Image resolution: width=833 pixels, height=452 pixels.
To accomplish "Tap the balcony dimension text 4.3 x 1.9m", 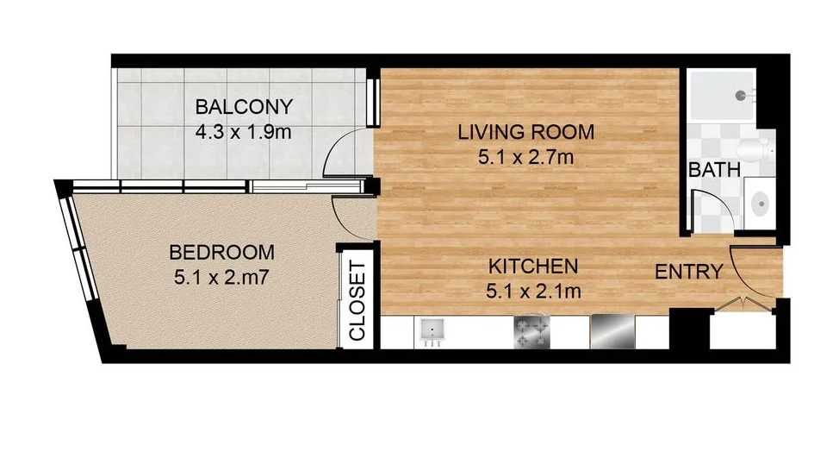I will tap(244, 133).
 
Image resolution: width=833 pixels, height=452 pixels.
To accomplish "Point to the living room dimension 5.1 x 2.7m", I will tap(525, 158).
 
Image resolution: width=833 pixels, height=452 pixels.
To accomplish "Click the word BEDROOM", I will tap(222, 253).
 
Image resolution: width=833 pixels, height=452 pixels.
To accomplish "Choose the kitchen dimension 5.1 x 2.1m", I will tap(533, 291).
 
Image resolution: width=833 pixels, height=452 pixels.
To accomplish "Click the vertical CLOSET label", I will tap(357, 301).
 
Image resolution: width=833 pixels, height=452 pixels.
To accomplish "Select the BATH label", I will tap(714, 169).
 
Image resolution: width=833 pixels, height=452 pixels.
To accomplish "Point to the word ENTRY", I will tap(688, 272).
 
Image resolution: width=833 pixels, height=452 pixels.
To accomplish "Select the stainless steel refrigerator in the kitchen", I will tap(612, 331).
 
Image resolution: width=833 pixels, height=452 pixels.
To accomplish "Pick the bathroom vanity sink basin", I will tap(760, 204).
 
